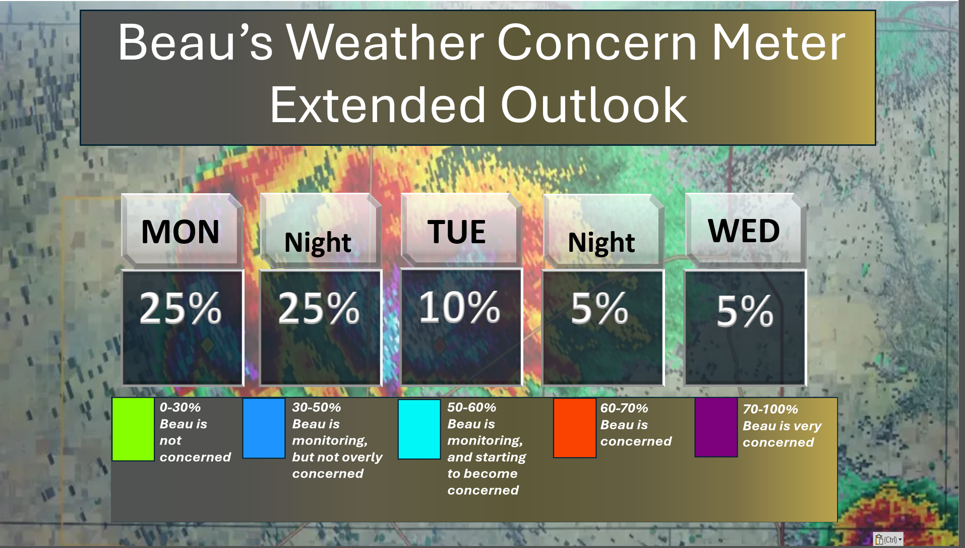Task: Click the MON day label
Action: coord(180,232)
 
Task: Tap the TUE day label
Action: coord(457,232)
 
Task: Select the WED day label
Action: coord(744,231)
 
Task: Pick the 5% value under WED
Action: coord(745,311)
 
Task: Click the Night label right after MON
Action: coord(318,243)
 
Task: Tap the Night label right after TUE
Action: coord(601,243)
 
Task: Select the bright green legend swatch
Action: coord(133,429)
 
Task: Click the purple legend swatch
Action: coord(716,427)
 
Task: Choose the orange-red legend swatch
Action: coord(575,428)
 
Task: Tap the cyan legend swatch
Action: coord(419,429)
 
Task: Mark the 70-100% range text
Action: coord(770,409)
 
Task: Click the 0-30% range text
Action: coord(180,407)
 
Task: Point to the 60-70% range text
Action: coord(624,408)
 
